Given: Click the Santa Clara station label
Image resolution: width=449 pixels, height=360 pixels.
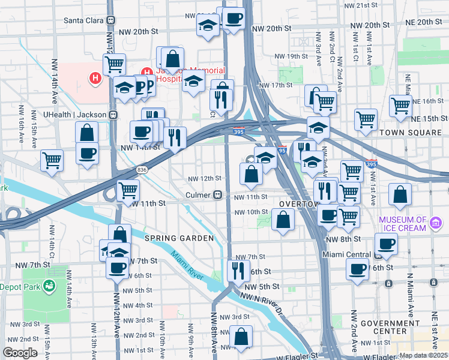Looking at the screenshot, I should [84, 20].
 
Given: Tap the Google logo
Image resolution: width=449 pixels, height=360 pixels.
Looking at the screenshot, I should [20, 353].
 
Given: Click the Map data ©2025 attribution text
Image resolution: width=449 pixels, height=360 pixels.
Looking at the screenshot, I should [423, 355].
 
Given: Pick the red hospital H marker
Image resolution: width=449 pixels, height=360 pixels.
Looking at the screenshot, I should [94, 77].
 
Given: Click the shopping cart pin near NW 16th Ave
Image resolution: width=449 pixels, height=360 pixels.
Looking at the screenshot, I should [52, 160].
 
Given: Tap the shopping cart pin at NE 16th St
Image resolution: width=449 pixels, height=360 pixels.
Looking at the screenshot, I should [400, 105].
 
